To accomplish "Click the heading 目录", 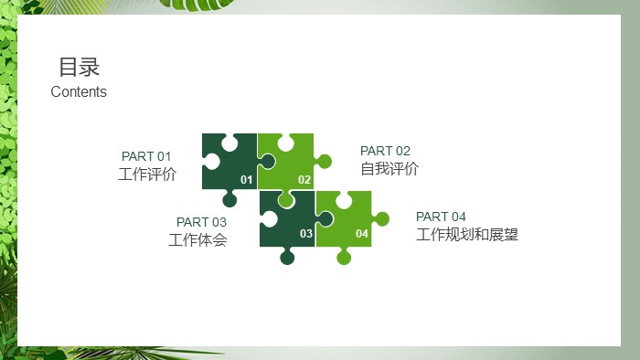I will [x=79, y=67].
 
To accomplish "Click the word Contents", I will [x=79, y=91].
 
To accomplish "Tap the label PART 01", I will [x=146, y=156].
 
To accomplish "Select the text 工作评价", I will [x=147, y=174].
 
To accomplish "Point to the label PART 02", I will [x=385, y=151].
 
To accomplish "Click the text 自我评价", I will [x=389, y=168].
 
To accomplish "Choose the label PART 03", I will [x=201, y=222].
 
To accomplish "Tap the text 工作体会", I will [x=197, y=240].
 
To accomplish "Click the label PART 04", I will [x=441, y=217].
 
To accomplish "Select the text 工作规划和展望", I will [x=467, y=235].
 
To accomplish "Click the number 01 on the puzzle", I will [x=246, y=180].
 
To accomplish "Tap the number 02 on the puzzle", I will [x=304, y=180].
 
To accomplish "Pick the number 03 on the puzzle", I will [x=306, y=234].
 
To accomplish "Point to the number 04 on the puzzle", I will [x=362, y=234].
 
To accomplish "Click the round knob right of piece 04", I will [x=381, y=218].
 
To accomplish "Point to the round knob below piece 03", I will [x=287, y=257].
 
